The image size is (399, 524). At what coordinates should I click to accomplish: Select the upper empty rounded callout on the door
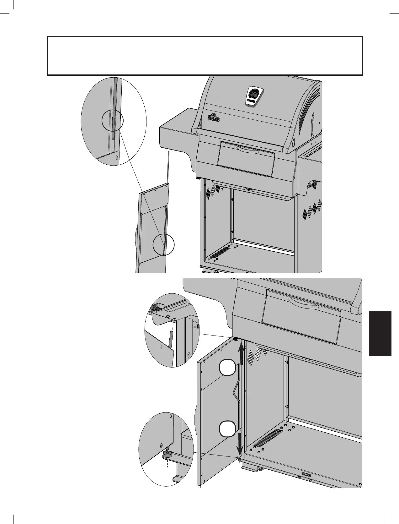tap(227, 368)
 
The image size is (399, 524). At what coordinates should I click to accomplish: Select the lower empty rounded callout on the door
tap(227, 429)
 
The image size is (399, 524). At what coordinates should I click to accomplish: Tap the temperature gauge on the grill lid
tap(254, 93)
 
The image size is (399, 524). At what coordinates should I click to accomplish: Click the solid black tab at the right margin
tap(380, 333)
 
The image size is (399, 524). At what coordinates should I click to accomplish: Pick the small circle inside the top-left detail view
tap(113, 122)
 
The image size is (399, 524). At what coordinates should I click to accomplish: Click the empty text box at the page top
tap(205, 56)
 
